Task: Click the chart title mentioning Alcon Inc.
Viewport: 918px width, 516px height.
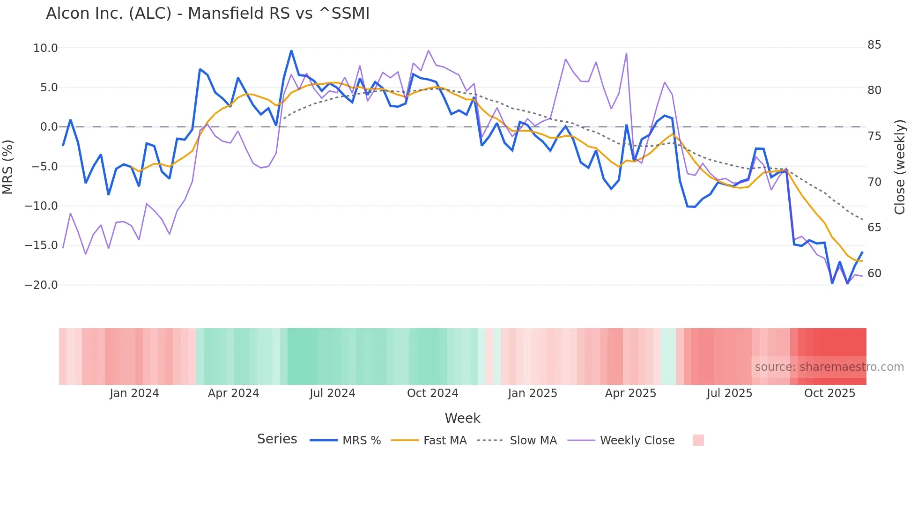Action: [207, 14]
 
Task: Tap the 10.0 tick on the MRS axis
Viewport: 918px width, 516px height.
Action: [45, 48]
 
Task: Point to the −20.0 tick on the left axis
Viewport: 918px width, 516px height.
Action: [41, 285]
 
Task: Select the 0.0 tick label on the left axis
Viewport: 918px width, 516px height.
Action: [49, 127]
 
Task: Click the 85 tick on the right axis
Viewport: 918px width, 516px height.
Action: [874, 45]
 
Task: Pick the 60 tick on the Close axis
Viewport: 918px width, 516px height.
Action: [874, 273]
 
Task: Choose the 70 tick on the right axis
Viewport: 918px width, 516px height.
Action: [874, 182]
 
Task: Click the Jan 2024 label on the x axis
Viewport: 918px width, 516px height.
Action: [134, 393]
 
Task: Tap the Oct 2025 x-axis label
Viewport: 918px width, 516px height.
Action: [829, 393]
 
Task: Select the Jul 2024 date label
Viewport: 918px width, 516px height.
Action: [333, 393]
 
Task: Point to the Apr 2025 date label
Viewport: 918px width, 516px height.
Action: [630, 393]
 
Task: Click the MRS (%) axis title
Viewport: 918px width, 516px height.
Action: [8, 167]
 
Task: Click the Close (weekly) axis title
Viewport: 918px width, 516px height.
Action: [900, 167]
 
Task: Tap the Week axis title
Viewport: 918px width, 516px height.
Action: [462, 418]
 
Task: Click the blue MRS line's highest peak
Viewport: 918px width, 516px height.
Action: [291, 51]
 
